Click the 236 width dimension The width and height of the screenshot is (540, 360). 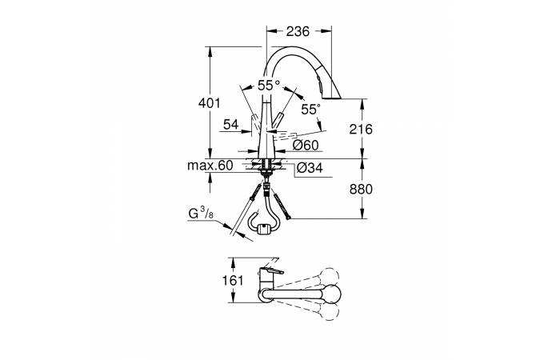pyautogui.click(x=298, y=31)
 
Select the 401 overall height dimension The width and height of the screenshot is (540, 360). pyautogui.click(x=209, y=102)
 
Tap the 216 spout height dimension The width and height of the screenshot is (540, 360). pyautogui.click(x=361, y=129)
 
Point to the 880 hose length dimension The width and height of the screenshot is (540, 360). pyautogui.click(x=361, y=189)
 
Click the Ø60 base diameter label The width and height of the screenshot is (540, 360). pyautogui.click(x=306, y=145)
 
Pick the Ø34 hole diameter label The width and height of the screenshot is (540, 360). pyautogui.click(x=310, y=168)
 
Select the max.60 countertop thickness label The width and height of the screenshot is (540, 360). pyautogui.click(x=210, y=166)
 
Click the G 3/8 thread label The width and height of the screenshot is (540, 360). pyautogui.click(x=201, y=214)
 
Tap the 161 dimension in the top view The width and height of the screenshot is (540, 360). pyautogui.click(x=233, y=281)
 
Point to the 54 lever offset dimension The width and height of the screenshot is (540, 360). pyautogui.click(x=230, y=124)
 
